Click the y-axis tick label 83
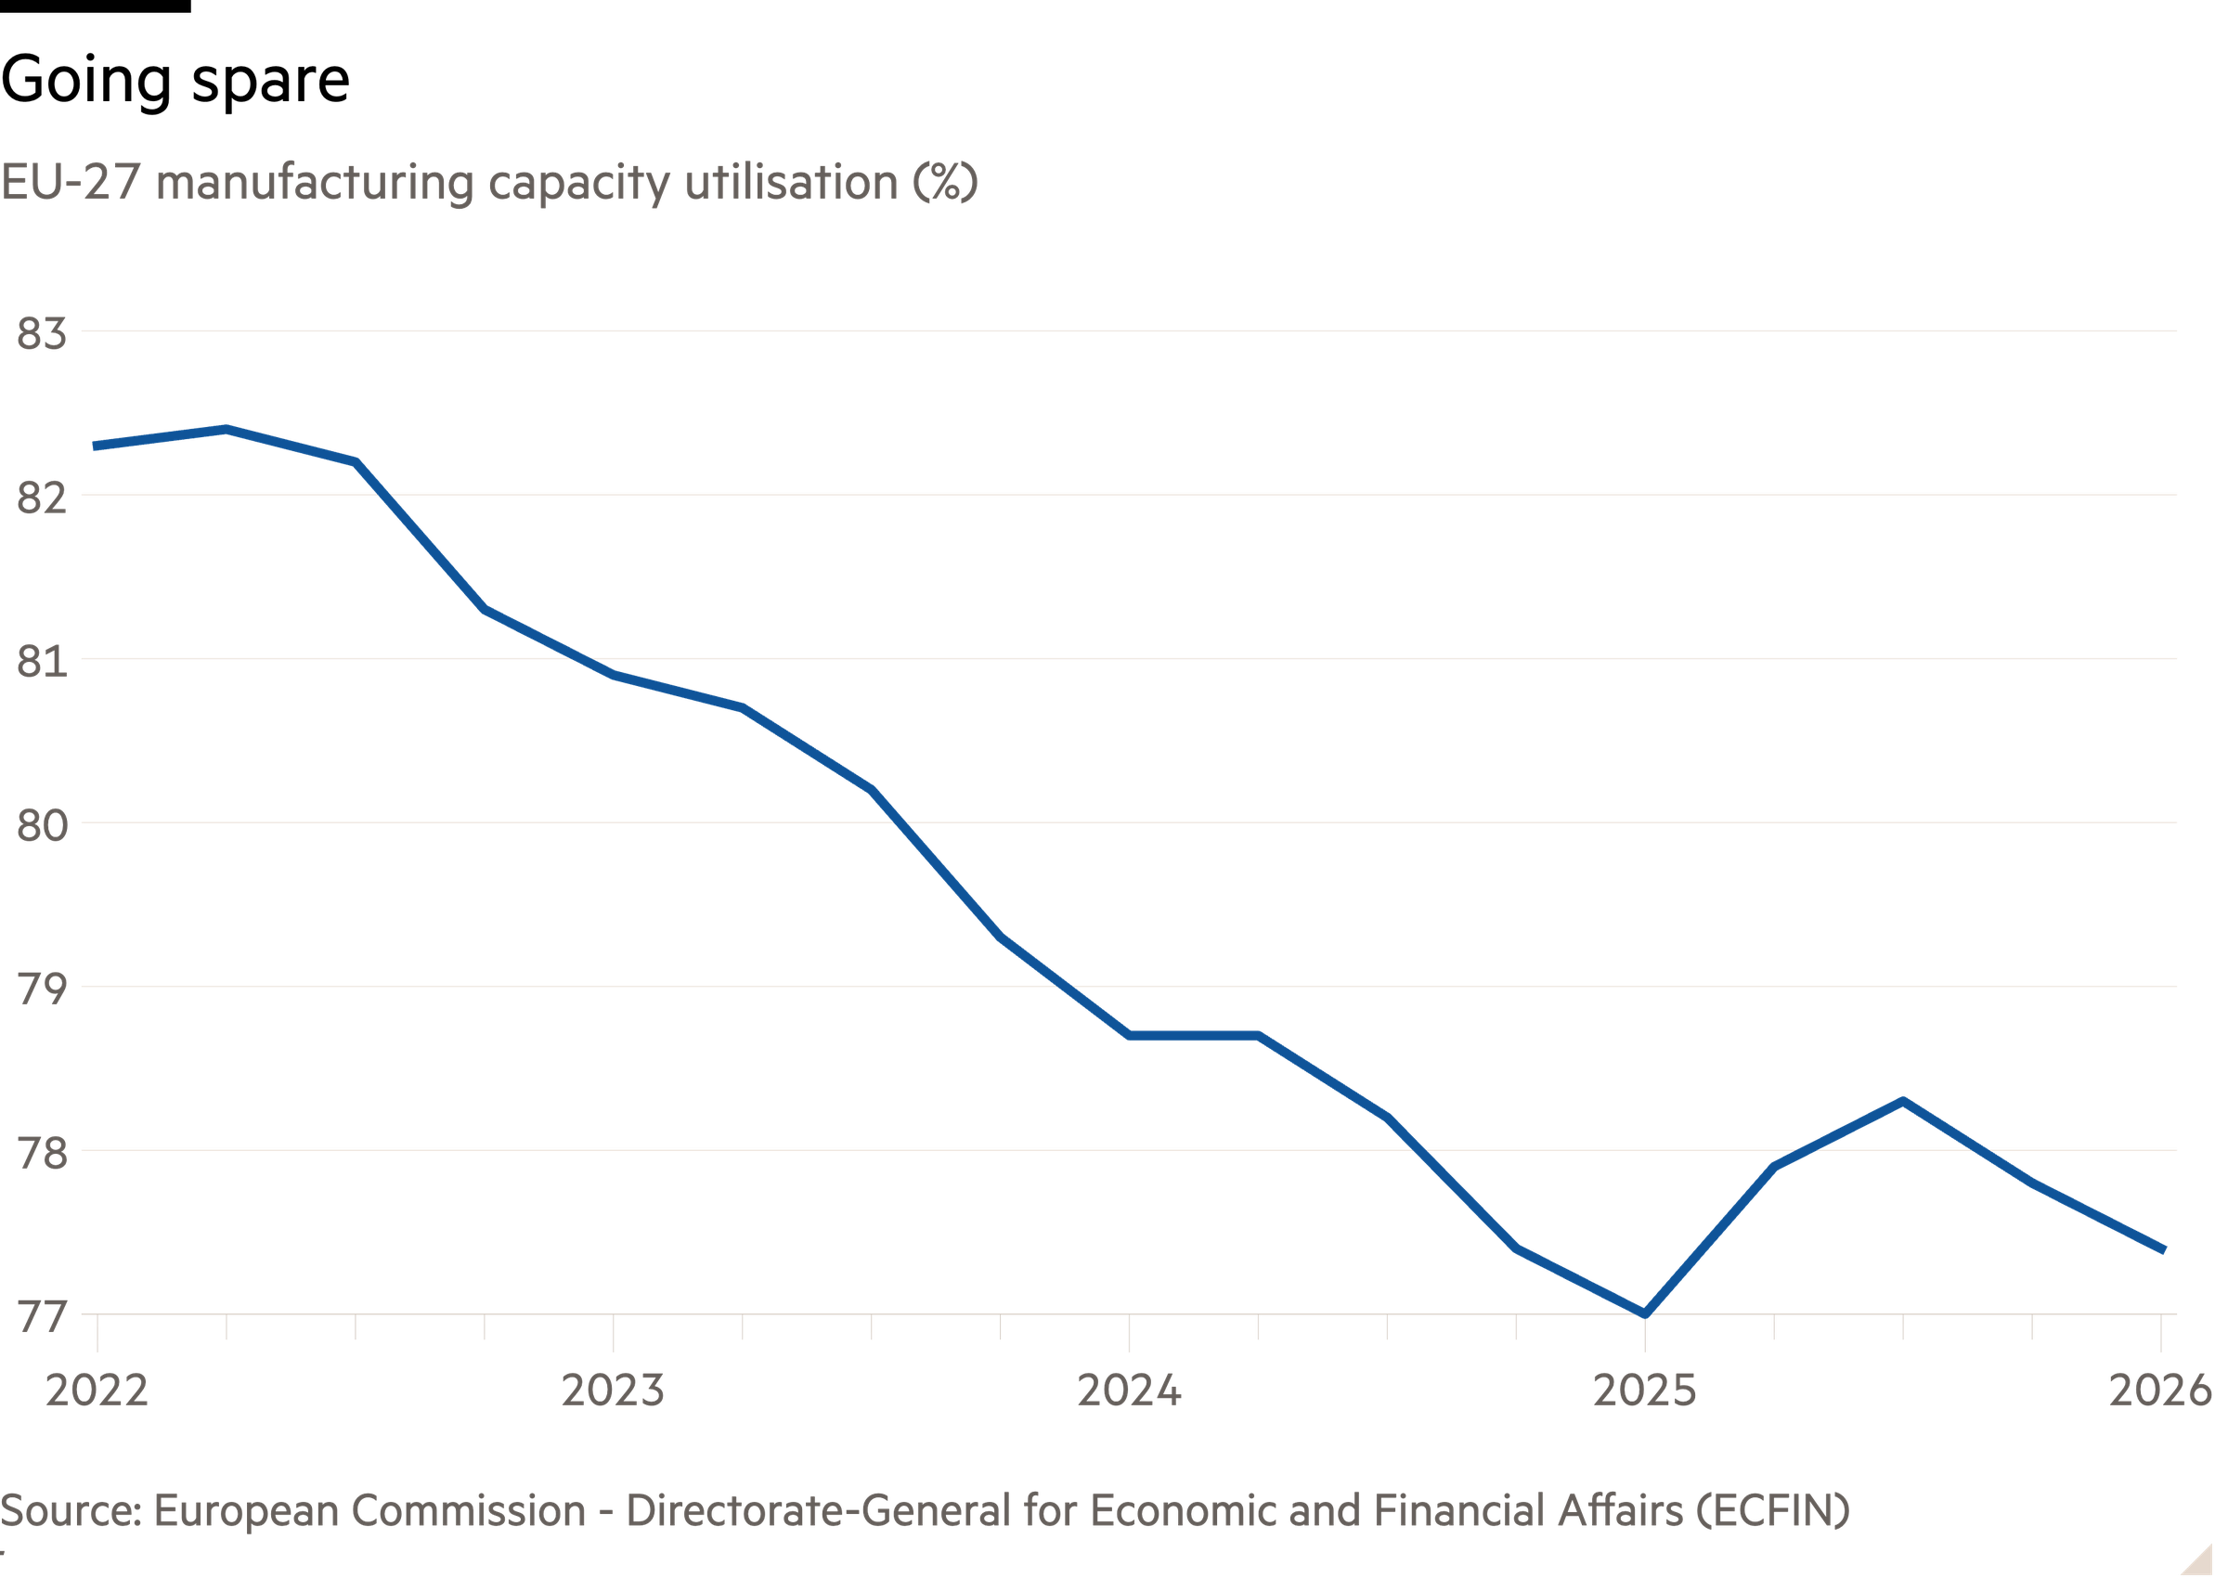click(41, 335)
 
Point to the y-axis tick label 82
click(41, 498)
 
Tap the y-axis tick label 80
click(41, 826)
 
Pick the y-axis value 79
click(41, 990)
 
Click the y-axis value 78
click(41, 1153)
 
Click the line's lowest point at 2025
click(1645, 1313)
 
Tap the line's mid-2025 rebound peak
click(1903, 1100)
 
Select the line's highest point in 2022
click(226, 428)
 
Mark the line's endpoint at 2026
click(2163, 1250)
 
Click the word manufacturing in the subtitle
click(315, 183)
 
